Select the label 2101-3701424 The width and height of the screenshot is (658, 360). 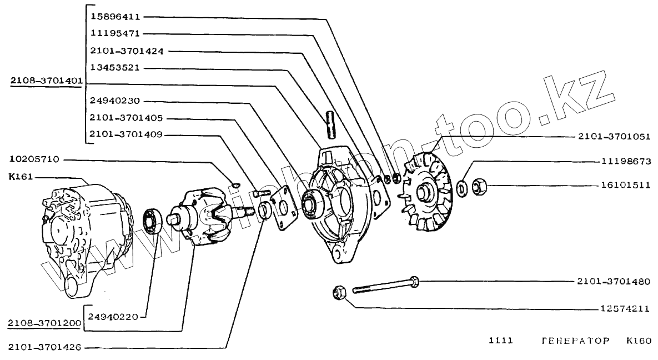click(127, 51)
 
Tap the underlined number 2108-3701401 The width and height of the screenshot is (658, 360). click(46, 82)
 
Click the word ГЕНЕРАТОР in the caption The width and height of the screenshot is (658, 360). click(575, 340)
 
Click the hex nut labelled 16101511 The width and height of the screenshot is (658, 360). click(479, 187)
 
